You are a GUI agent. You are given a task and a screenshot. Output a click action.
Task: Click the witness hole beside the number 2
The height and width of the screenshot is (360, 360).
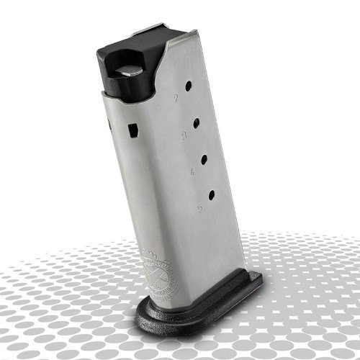click(x=188, y=86)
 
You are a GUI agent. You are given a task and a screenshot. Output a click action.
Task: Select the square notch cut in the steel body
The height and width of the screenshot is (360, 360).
click(x=132, y=131)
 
